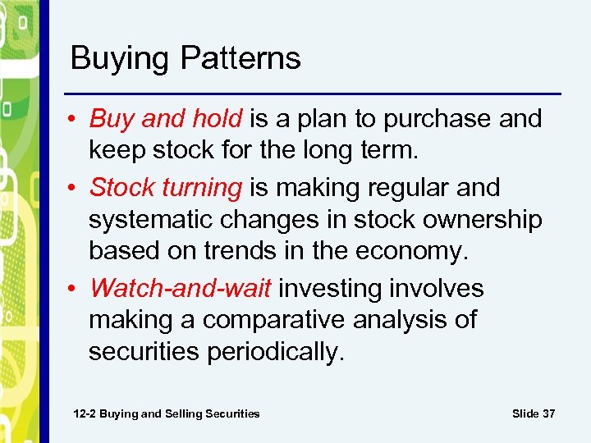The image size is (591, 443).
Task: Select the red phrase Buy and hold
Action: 166,119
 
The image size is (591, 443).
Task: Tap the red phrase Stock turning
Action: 166,187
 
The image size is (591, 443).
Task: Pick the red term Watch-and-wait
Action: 184,289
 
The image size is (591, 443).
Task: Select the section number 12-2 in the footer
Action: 85,413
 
